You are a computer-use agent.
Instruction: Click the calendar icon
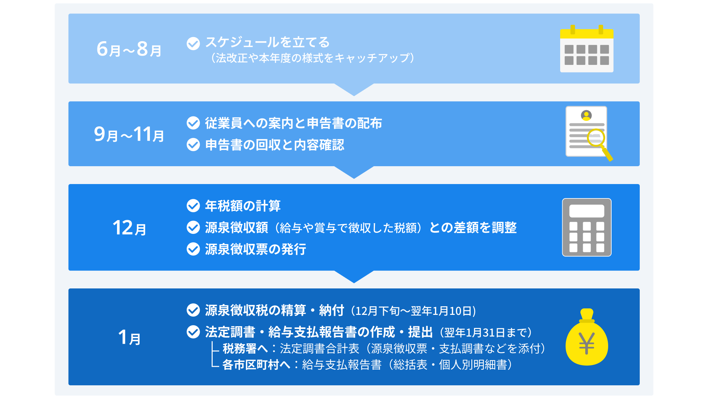(587, 49)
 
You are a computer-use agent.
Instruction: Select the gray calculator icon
(587, 227)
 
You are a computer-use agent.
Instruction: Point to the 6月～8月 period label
(129, 49)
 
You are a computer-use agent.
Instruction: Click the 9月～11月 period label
(129, 134)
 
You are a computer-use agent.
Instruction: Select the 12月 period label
(129, 228)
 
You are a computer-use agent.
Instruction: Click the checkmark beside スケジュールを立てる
(193, 44)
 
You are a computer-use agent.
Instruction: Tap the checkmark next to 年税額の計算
(193, 206)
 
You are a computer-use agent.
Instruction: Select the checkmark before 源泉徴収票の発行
(193, 249)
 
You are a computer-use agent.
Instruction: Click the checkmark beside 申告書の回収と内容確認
(193, 145)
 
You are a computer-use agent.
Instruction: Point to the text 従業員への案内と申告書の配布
(294, 123)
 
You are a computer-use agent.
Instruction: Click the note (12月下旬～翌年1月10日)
(414, 311)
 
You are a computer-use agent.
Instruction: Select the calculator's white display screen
(587, 211)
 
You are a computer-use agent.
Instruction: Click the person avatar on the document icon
(586, 115)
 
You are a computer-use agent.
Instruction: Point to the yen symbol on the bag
(587, 343)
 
